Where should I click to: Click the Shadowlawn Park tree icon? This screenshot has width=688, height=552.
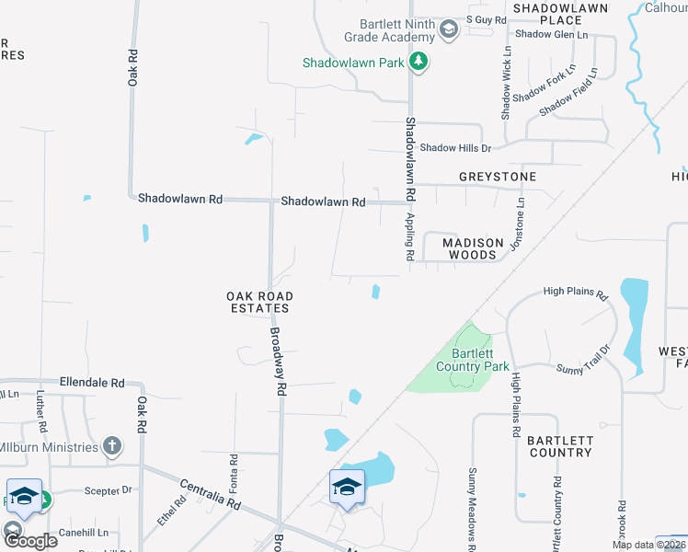(420, 63)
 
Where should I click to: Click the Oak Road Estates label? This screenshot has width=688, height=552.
(259, 302)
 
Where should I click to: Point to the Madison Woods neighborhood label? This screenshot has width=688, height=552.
(473, 248)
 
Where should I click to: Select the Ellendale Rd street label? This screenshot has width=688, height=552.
(91, 382)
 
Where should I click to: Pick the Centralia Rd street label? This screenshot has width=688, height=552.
(210, 494)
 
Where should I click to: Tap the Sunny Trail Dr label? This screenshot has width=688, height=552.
(583, 360)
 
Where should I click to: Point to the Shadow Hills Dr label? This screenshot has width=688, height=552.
(455, 147)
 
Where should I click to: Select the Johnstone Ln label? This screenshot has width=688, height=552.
(520, 224)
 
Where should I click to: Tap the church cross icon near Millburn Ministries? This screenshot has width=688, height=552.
(111, 447)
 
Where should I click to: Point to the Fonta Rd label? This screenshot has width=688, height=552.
(234, 470)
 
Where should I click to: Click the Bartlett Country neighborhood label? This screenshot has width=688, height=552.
(559, 446)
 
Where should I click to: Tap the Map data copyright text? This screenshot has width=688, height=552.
(647, 545)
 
